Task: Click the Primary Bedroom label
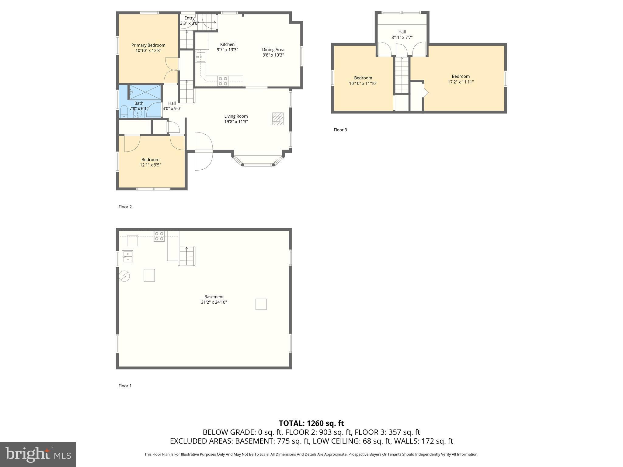[148, 45]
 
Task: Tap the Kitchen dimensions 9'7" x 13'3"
[227, 50]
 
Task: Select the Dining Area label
[273, 50]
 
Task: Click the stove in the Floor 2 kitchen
[223, 81]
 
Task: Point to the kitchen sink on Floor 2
[200, 57]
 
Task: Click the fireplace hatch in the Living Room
[278, 119]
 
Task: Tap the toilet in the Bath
[124, 112]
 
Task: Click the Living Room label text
[236, 116]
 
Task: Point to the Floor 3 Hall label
[402, 32]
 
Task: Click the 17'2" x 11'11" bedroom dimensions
[461, 82]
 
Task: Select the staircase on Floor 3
[402, 75]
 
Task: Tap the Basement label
[214, 297]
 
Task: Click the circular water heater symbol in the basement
[124, 276]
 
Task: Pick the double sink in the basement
[127, 256]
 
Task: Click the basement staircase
[186, 256]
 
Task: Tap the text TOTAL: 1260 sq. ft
[311, 423]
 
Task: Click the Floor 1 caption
[125, 386]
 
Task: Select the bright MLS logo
[38, 455]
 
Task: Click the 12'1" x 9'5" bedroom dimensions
[150, 165]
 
